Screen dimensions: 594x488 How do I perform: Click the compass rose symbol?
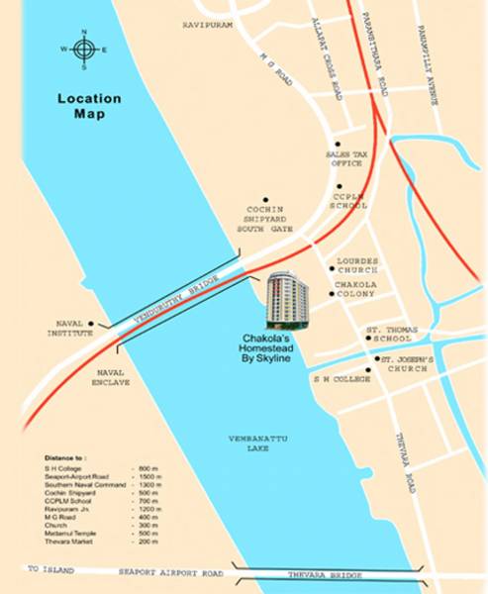coord(83,49)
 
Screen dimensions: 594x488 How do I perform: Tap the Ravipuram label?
coord(207,25)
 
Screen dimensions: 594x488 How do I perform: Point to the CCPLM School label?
coord(350,201)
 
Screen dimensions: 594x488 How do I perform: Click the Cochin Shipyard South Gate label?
coord(264,222)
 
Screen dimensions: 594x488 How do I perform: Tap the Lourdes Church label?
coord(357,265)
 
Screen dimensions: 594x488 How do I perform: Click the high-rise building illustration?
coord(286,299)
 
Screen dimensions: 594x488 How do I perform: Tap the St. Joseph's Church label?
coord(405,363)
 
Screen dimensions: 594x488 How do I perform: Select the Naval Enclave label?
coord(113,375)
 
